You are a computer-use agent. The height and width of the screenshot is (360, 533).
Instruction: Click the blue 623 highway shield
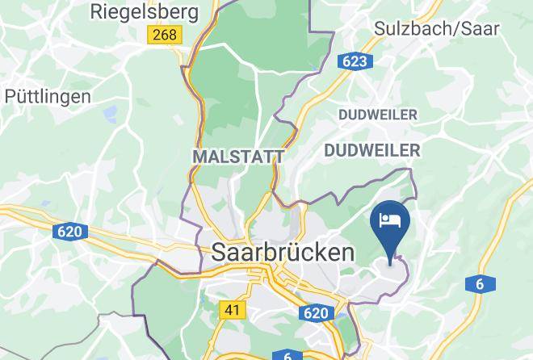pyautogui.click(x=355, y=61)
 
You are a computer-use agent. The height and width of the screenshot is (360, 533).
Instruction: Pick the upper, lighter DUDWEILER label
pyautogui.click(x=378, y=115)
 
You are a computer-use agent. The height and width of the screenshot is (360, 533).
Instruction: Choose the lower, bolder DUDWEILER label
pyautogui.click(x=371, y=150)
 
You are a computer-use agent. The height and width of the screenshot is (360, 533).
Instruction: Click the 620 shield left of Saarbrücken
pyautogui.click(x=69, y=232)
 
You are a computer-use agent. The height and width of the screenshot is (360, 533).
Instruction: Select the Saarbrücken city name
pyautogui.click(x=283, y=252)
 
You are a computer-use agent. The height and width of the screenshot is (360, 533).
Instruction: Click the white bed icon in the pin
pyautogui.click(x=391, y=220)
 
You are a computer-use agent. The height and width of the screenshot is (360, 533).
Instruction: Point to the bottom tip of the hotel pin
pyautogui.click(x=391, y=263)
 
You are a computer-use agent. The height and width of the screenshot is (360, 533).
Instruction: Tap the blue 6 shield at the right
pyautogui.click(x=479, y=283)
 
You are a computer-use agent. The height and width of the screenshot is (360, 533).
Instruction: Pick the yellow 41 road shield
pyautogui.click(x=232, y=309)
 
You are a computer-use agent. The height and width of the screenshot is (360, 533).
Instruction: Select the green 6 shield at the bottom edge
pyautogui.click(x=287, y=355)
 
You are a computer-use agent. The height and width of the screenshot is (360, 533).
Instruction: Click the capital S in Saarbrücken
pyautogui.click(x=218, y=252)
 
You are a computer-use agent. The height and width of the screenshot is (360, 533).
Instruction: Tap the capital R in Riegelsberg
pyautogui.click(x=97, y=11)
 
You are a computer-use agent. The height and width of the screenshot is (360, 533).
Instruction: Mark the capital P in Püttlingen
pyautogui.click(x=10, y=96)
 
